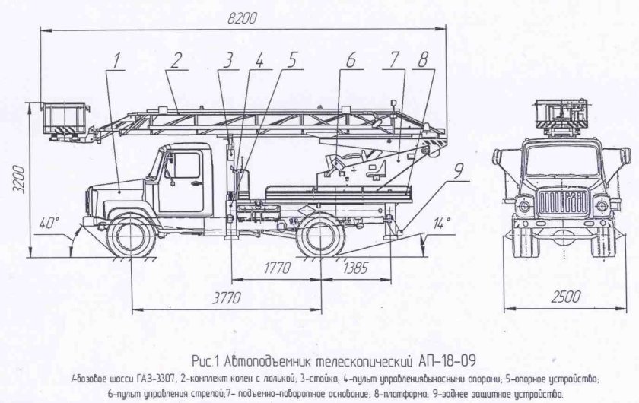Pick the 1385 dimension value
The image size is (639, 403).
click(355, 268)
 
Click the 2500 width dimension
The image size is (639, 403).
click(561, 296)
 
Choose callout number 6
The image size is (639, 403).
click(351, 59)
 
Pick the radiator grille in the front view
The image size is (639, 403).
click(561, 204)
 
